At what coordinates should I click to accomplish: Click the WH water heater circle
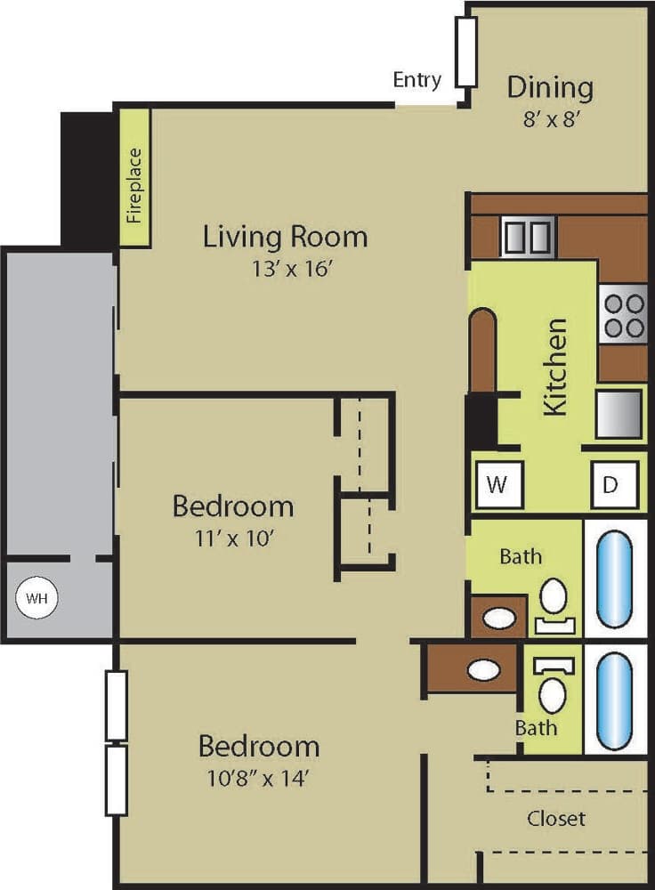(36, 598)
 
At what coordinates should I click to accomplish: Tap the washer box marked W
(498, 485)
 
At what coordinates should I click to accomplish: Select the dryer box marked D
(611, 485)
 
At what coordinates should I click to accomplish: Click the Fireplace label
(134, 178)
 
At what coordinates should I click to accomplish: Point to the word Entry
(416, 80)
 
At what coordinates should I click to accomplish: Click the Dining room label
(550, 87)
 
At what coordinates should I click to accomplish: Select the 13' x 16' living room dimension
(286, 269)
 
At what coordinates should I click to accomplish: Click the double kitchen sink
(528, 237)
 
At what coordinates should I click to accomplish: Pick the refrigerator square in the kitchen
(619, 415)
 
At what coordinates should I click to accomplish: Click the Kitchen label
(554, 366)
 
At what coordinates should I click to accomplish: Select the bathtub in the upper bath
(615, 578)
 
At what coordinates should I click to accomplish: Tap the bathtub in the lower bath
(615, 700)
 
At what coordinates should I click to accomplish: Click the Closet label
(556, 818)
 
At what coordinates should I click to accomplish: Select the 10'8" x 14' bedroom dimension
(259, 779)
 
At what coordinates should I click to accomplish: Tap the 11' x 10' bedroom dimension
(232, 539)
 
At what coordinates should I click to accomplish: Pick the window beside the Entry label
(466, 52)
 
